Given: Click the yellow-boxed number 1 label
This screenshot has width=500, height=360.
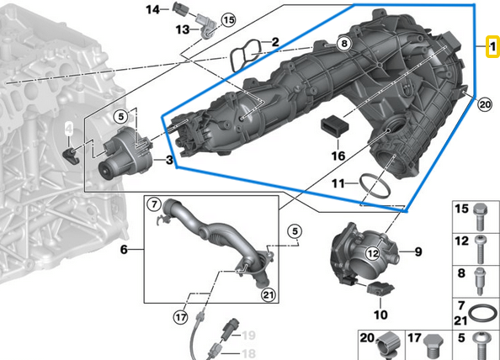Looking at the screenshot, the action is point(492,47).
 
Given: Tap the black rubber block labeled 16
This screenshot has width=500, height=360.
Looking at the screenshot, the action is point(334,126).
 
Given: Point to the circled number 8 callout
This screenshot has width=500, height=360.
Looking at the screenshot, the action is point(344,43).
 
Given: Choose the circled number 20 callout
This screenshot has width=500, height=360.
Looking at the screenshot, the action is point(485,104).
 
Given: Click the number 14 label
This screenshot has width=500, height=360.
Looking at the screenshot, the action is point(152,10).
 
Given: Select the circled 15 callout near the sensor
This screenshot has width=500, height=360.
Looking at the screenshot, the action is point(228,20).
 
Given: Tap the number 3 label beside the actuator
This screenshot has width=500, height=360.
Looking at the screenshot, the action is point(169,160).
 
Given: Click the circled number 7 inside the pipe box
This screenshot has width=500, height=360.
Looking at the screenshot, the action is point(154,204).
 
